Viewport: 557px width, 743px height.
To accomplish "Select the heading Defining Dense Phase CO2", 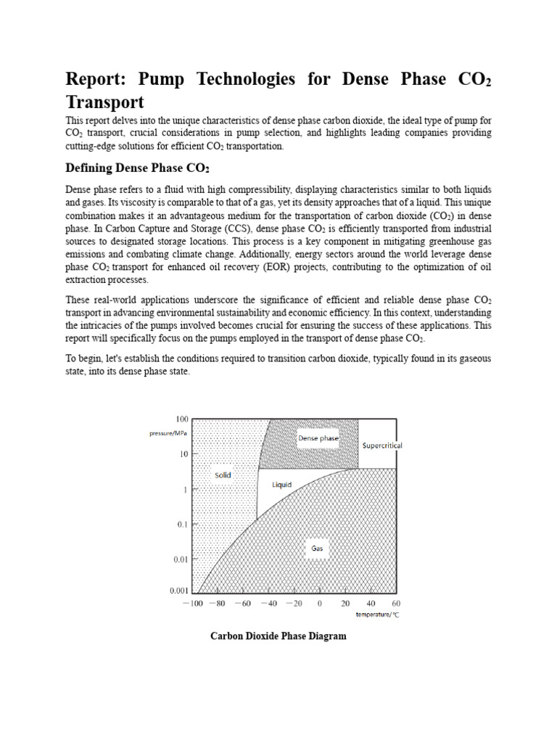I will point(137,168).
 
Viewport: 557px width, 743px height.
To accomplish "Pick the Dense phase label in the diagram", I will point(318,438).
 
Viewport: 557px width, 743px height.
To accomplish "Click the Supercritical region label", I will point(381,445).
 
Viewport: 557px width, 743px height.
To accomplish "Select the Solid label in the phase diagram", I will point(223,475).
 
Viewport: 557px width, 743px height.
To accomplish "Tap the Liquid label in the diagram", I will point(281,484).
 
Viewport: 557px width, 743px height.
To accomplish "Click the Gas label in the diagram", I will point(317,549).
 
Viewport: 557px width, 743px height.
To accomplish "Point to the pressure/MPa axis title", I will point(169,433).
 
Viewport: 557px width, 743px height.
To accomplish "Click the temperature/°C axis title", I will point(377,615).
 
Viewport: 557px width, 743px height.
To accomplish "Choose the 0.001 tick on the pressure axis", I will point(178,591).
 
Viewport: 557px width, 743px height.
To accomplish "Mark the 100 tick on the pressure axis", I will point(181,419).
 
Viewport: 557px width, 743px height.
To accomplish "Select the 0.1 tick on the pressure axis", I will point(182,524).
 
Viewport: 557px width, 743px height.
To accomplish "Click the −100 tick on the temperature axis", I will point(193,603).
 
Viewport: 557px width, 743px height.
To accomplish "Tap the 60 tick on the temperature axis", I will point(395,603).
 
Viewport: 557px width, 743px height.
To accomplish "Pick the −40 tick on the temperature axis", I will point(269,603).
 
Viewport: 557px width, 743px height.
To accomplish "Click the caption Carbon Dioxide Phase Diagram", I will point(278,636).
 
